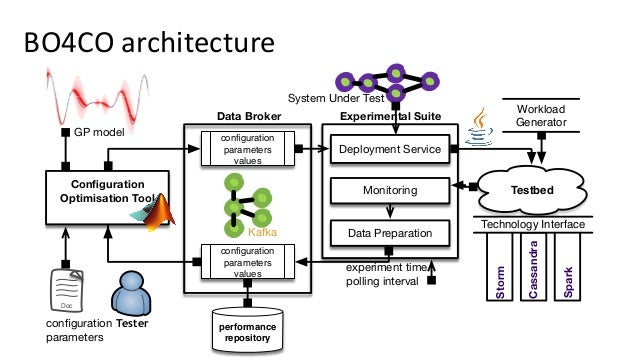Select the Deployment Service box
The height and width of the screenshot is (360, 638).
click(x=389, y=150)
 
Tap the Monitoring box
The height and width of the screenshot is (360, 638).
click(x=389, y=189)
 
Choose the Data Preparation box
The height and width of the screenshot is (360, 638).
click(x=389, y=234)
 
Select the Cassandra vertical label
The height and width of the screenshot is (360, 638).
click(x=535, y=269)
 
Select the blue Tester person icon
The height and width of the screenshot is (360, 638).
click(x=132, y=292)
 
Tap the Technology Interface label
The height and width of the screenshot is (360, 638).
click(x=533, y=224)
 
